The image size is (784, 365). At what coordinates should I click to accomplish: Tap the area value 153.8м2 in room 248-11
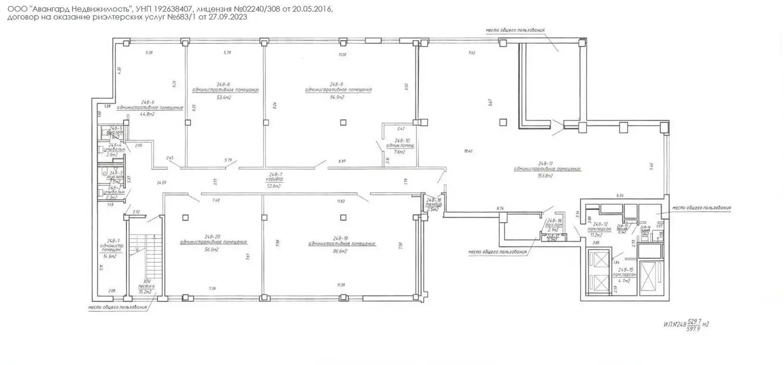547,175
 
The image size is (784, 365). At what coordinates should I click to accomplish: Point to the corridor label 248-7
275,174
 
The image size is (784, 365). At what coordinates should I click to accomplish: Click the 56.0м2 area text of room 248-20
211,249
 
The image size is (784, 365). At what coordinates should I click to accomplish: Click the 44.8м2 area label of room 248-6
147,114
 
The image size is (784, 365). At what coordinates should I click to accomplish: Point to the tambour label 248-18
434,200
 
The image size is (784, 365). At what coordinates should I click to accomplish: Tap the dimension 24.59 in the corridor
161,183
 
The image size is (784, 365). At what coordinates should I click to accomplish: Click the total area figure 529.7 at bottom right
692,321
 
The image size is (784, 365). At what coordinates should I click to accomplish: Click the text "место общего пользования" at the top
515,30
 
